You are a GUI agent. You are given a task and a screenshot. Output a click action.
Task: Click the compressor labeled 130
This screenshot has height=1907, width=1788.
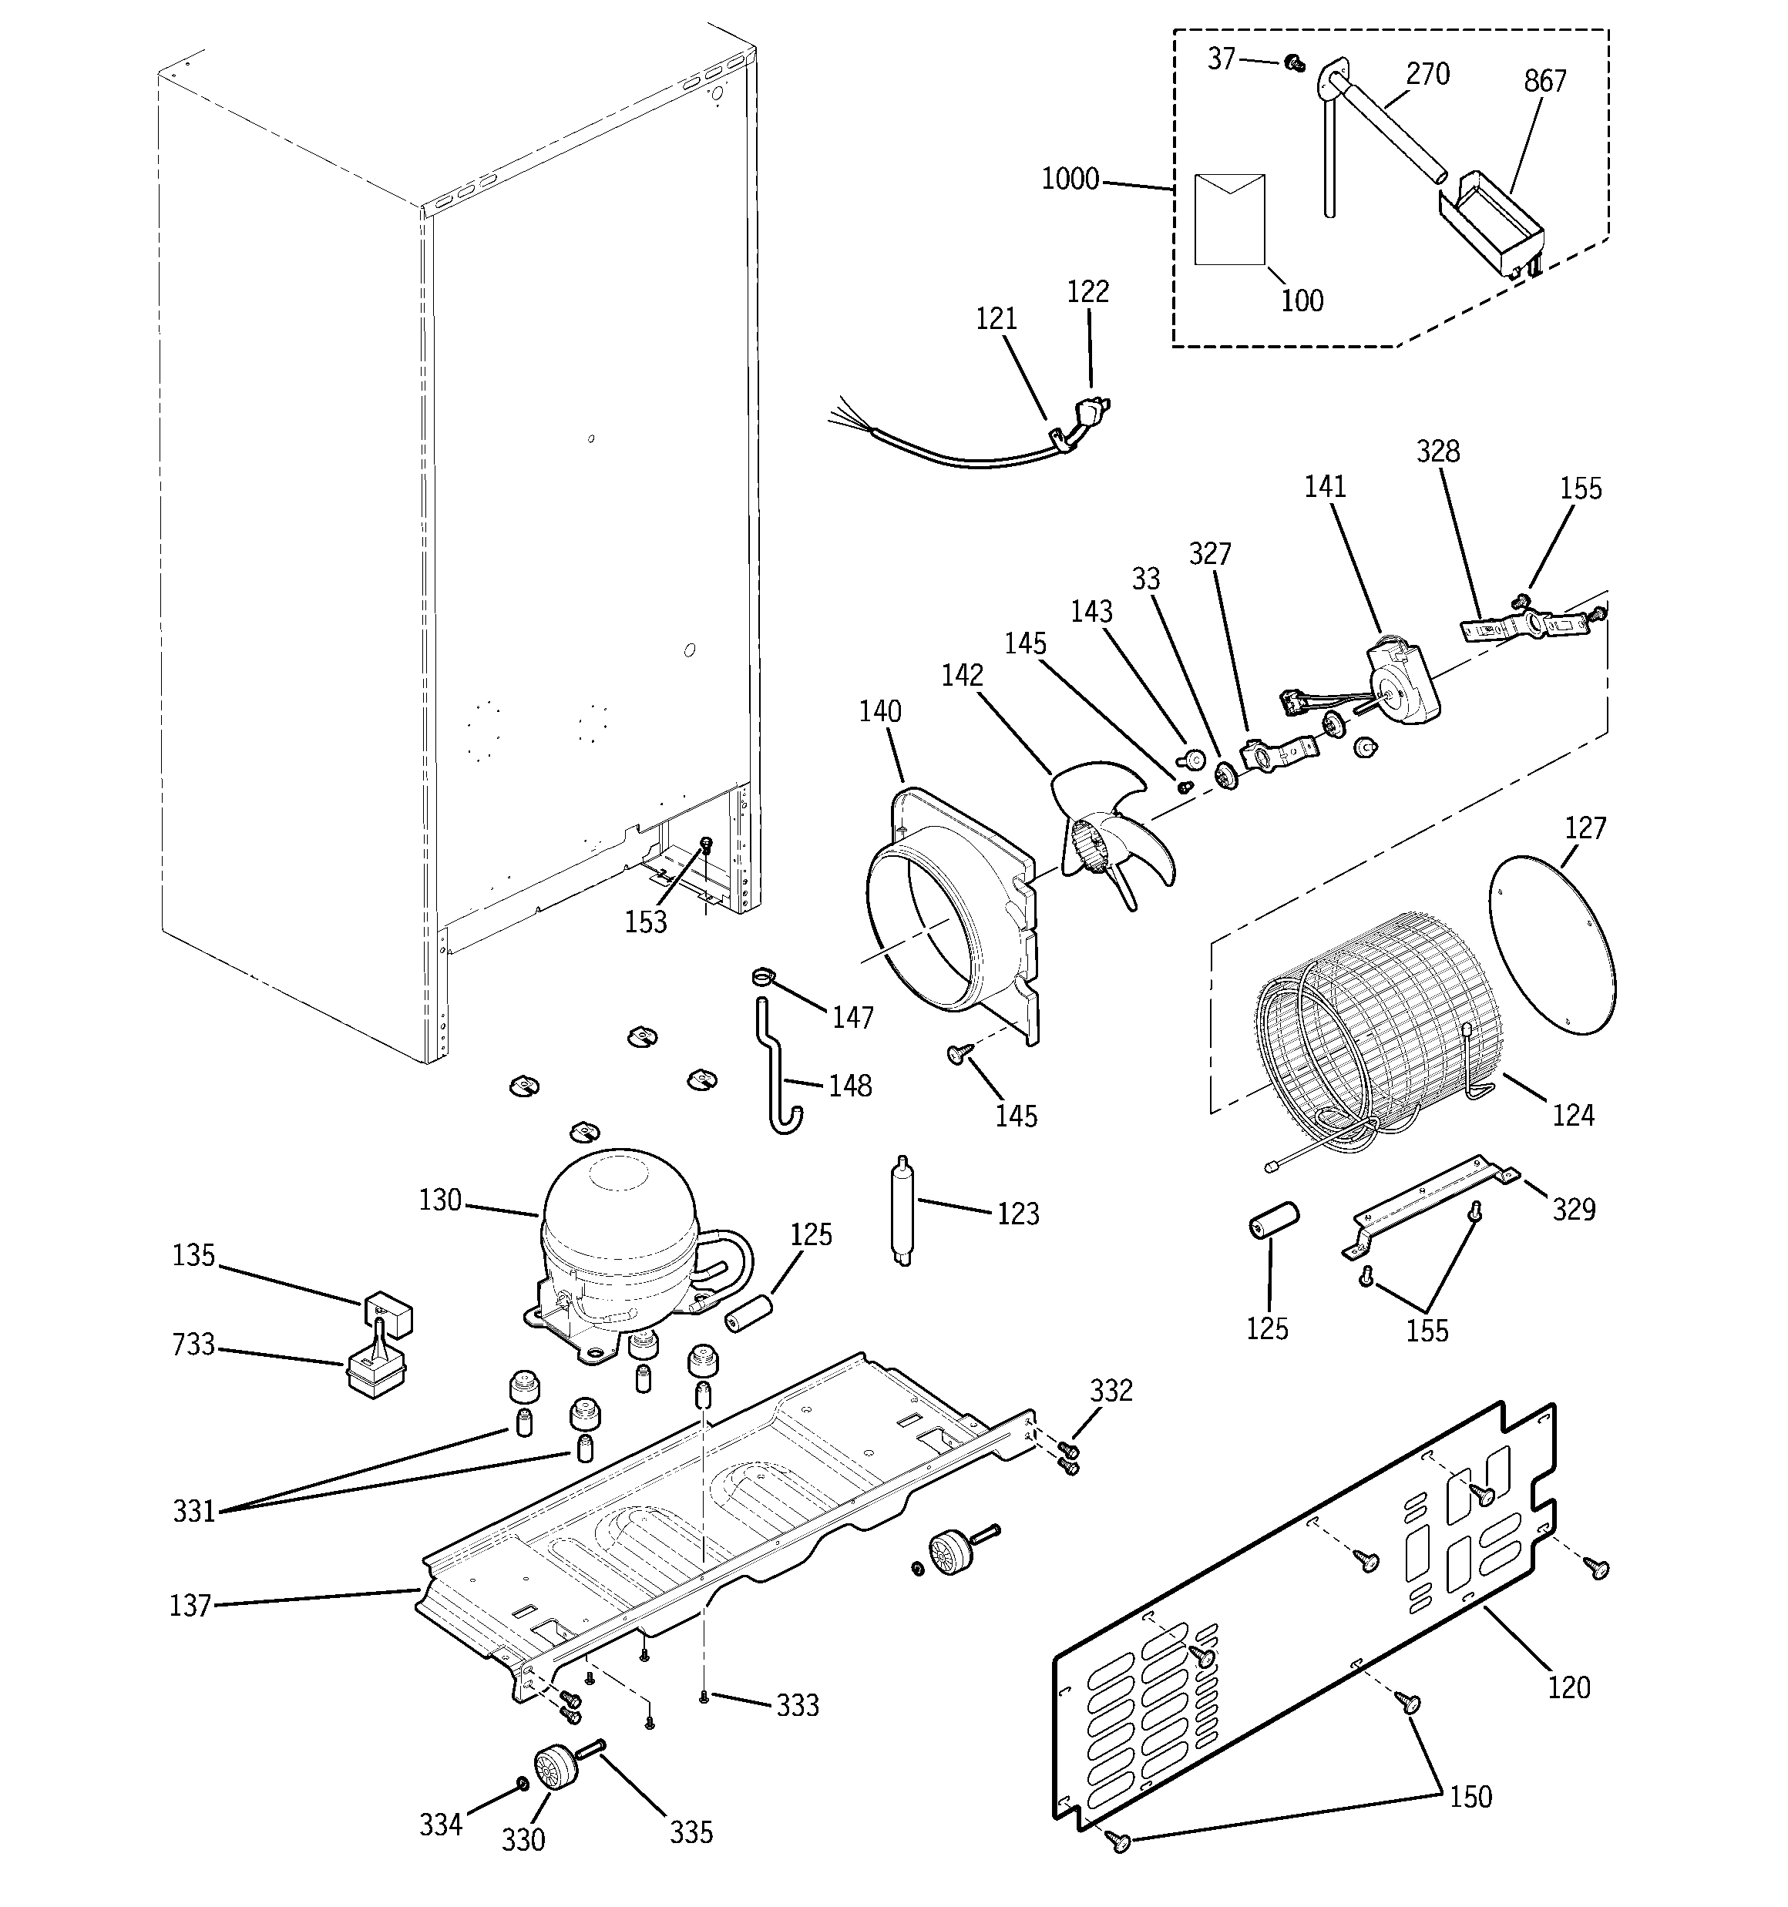point(619,1237)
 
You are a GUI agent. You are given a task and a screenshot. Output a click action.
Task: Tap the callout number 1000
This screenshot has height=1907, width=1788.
point(1070,180)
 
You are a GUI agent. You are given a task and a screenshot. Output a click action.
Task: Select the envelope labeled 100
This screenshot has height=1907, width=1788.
point(1229,219)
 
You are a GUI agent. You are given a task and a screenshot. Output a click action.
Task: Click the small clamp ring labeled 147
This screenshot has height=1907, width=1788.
point(762,976)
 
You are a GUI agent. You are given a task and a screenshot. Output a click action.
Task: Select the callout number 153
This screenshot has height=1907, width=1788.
point(646,922)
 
